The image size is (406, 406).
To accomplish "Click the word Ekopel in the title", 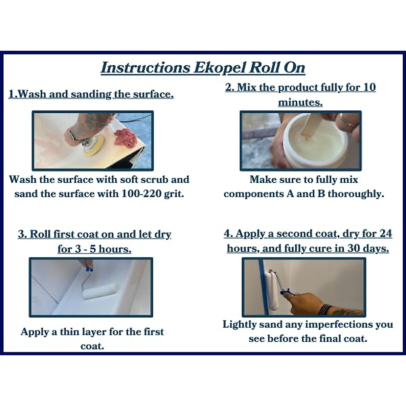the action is tap(220, 68).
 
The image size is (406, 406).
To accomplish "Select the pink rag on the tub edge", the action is tap(126, 138).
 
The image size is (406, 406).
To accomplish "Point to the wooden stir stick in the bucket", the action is tap(307, 127).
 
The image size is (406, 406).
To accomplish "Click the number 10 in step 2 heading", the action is tap(370, 88).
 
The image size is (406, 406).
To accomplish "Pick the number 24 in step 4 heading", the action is tap(386, 234).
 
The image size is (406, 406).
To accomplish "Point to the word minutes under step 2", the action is tap(300, 103).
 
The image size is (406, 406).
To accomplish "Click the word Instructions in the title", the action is tap(145, 68).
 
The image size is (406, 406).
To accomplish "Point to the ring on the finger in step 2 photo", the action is tap(348, 123).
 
